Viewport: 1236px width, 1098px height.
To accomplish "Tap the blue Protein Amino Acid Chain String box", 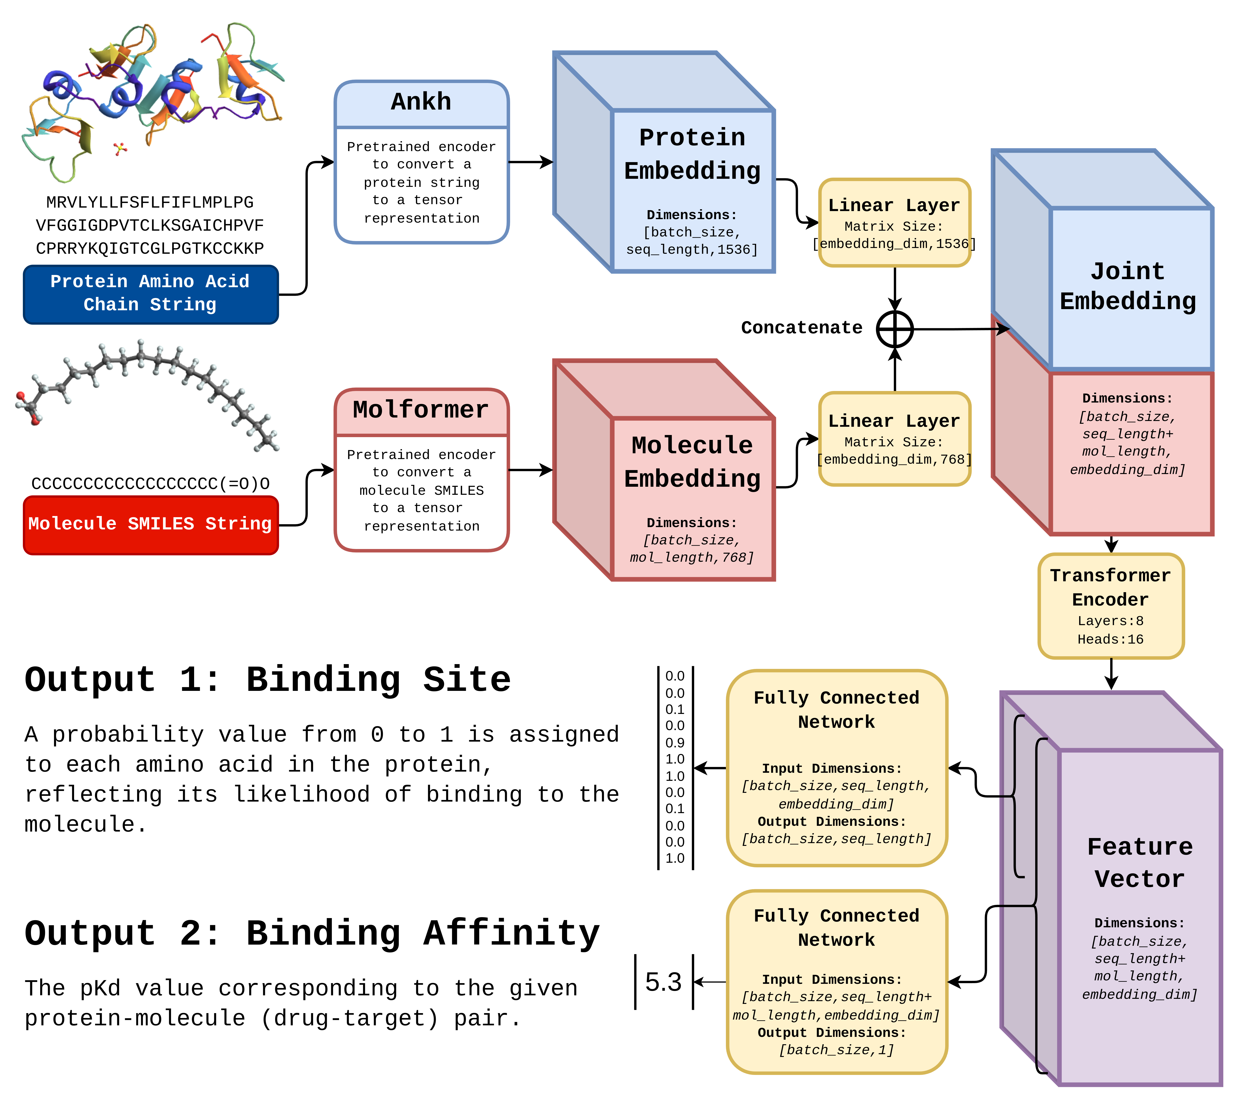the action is click(150, 294).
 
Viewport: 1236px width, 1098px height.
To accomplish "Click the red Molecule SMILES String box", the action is click(150, 525).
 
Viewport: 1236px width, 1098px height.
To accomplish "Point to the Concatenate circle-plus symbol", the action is click(895, 329).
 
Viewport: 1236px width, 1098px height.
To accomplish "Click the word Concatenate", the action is click(802, 328).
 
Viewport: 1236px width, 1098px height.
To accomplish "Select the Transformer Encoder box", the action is click(1111, 606).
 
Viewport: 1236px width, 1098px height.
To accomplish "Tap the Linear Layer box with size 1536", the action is click(894, 222).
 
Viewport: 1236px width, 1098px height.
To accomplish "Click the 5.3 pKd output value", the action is click(663, 982).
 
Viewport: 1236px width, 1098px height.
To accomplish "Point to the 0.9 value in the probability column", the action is click(675, 743).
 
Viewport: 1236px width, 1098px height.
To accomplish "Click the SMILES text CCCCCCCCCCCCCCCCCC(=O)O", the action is click(150, 483).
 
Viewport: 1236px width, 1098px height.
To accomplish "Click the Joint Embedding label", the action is click(1128, 286).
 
